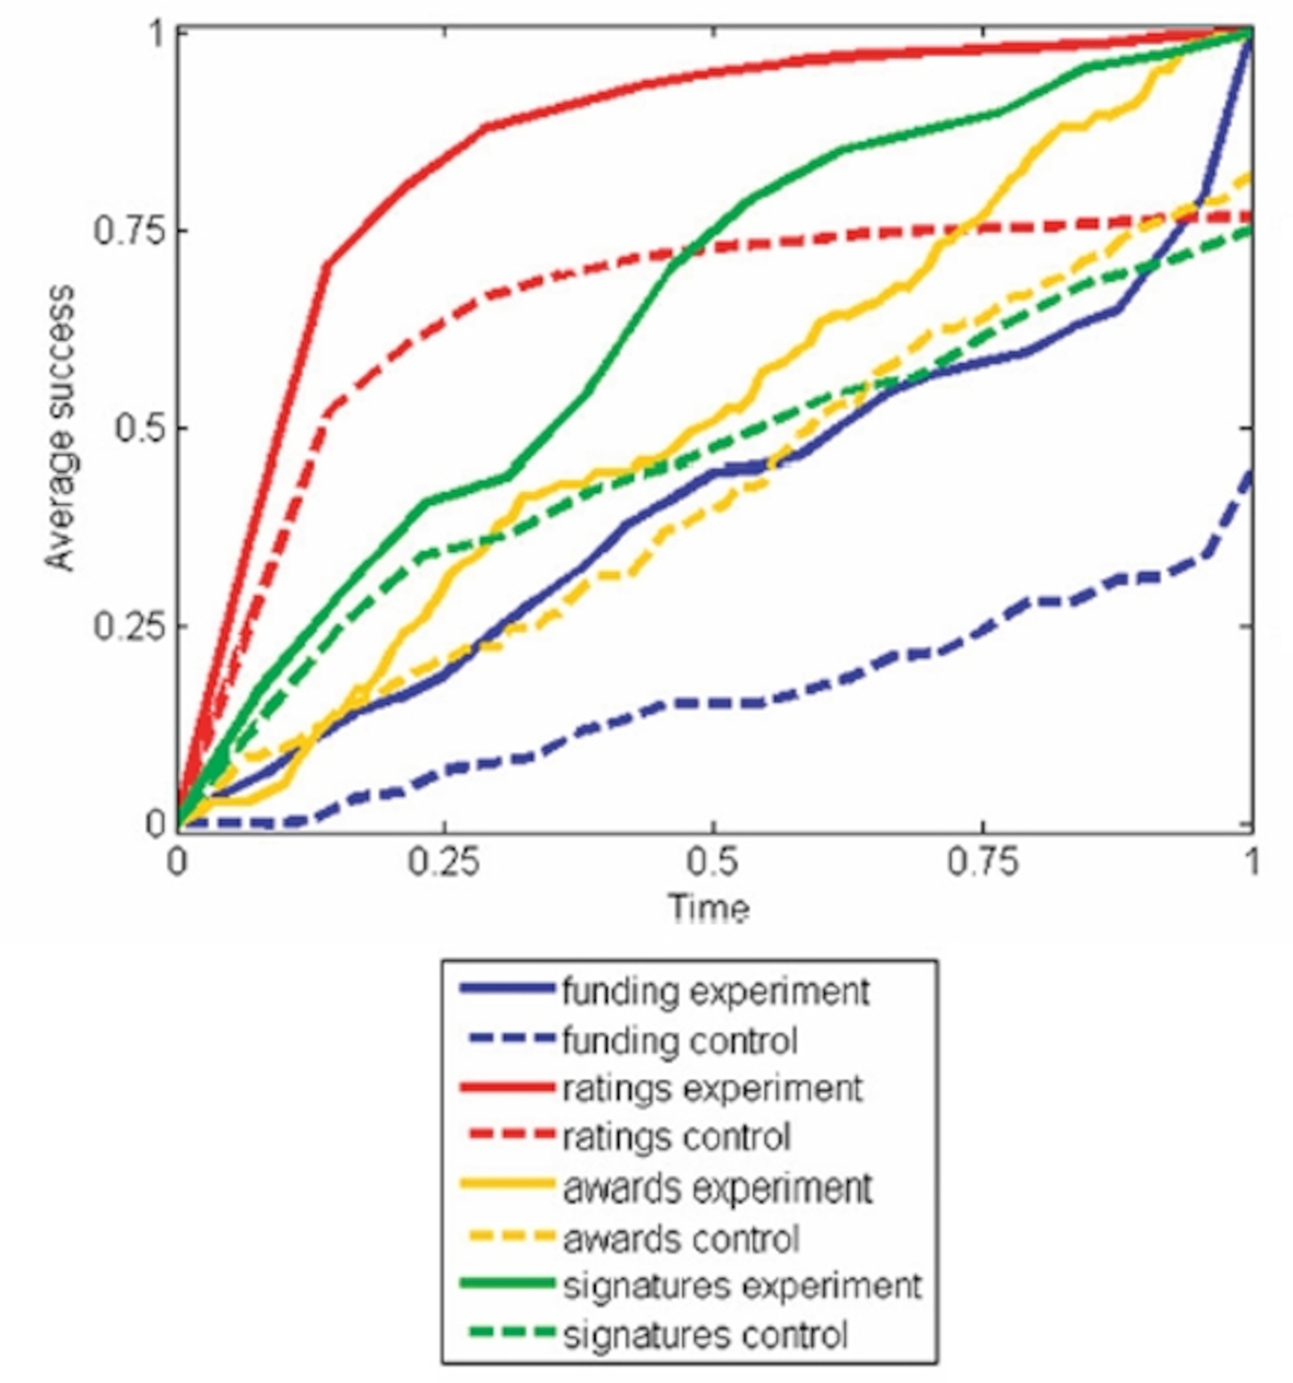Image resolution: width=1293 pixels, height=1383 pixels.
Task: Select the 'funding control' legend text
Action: click(x=680, y=1041)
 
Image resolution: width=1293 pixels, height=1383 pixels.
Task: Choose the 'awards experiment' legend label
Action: click(x=716, y=1188)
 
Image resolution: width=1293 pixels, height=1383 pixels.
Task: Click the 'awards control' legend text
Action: click(x=680, y=1239)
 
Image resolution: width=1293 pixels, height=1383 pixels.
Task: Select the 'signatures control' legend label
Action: click(x=705, y=1336)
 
